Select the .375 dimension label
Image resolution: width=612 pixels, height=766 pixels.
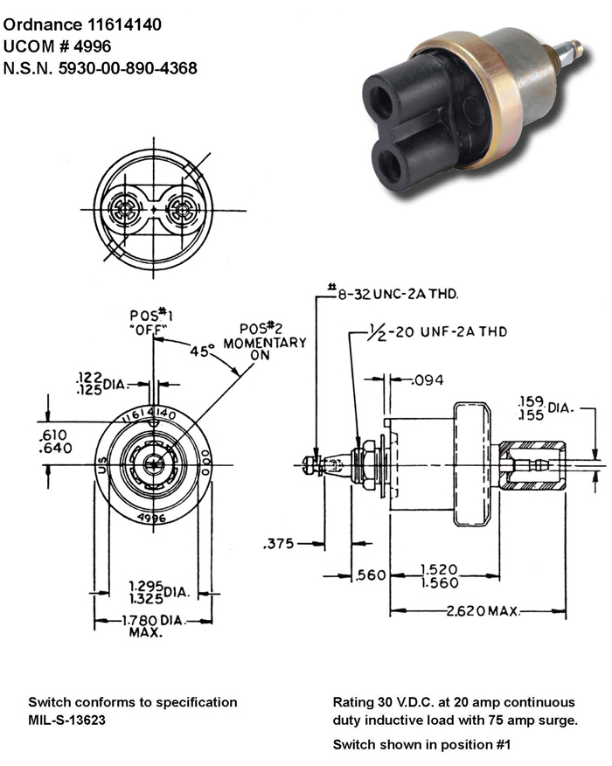tap(278, 543)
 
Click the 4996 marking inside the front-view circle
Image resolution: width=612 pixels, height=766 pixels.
tap(154, 517)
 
